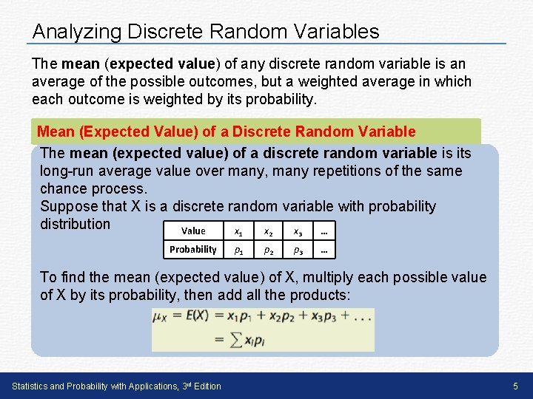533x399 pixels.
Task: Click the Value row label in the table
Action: pos(193,231)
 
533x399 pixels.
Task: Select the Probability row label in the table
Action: pos(193,249)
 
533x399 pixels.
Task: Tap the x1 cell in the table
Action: pos(238,231)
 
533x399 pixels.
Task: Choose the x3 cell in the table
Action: pos(297,231)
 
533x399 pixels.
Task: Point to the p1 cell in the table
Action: pos(238,250)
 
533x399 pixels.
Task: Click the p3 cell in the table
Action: pos(297,250)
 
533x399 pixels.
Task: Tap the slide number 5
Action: pos(515,386)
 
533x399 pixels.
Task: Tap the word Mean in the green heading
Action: pos(56,132)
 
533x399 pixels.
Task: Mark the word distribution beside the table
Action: pos(75,224)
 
